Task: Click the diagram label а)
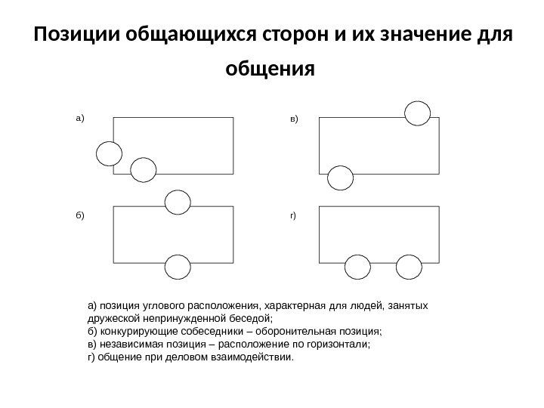tap(81, 119)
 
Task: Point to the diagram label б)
tap(81, 215)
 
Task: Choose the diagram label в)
tap(294, 119)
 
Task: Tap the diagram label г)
tap(293, 215)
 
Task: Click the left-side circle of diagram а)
tap(109, 153)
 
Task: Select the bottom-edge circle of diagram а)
tap(143, 171)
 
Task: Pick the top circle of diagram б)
tap(176, 202)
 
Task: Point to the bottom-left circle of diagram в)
tap(341, 178)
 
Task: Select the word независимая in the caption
tap(125, 345)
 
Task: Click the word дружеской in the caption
tap(109, 319)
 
